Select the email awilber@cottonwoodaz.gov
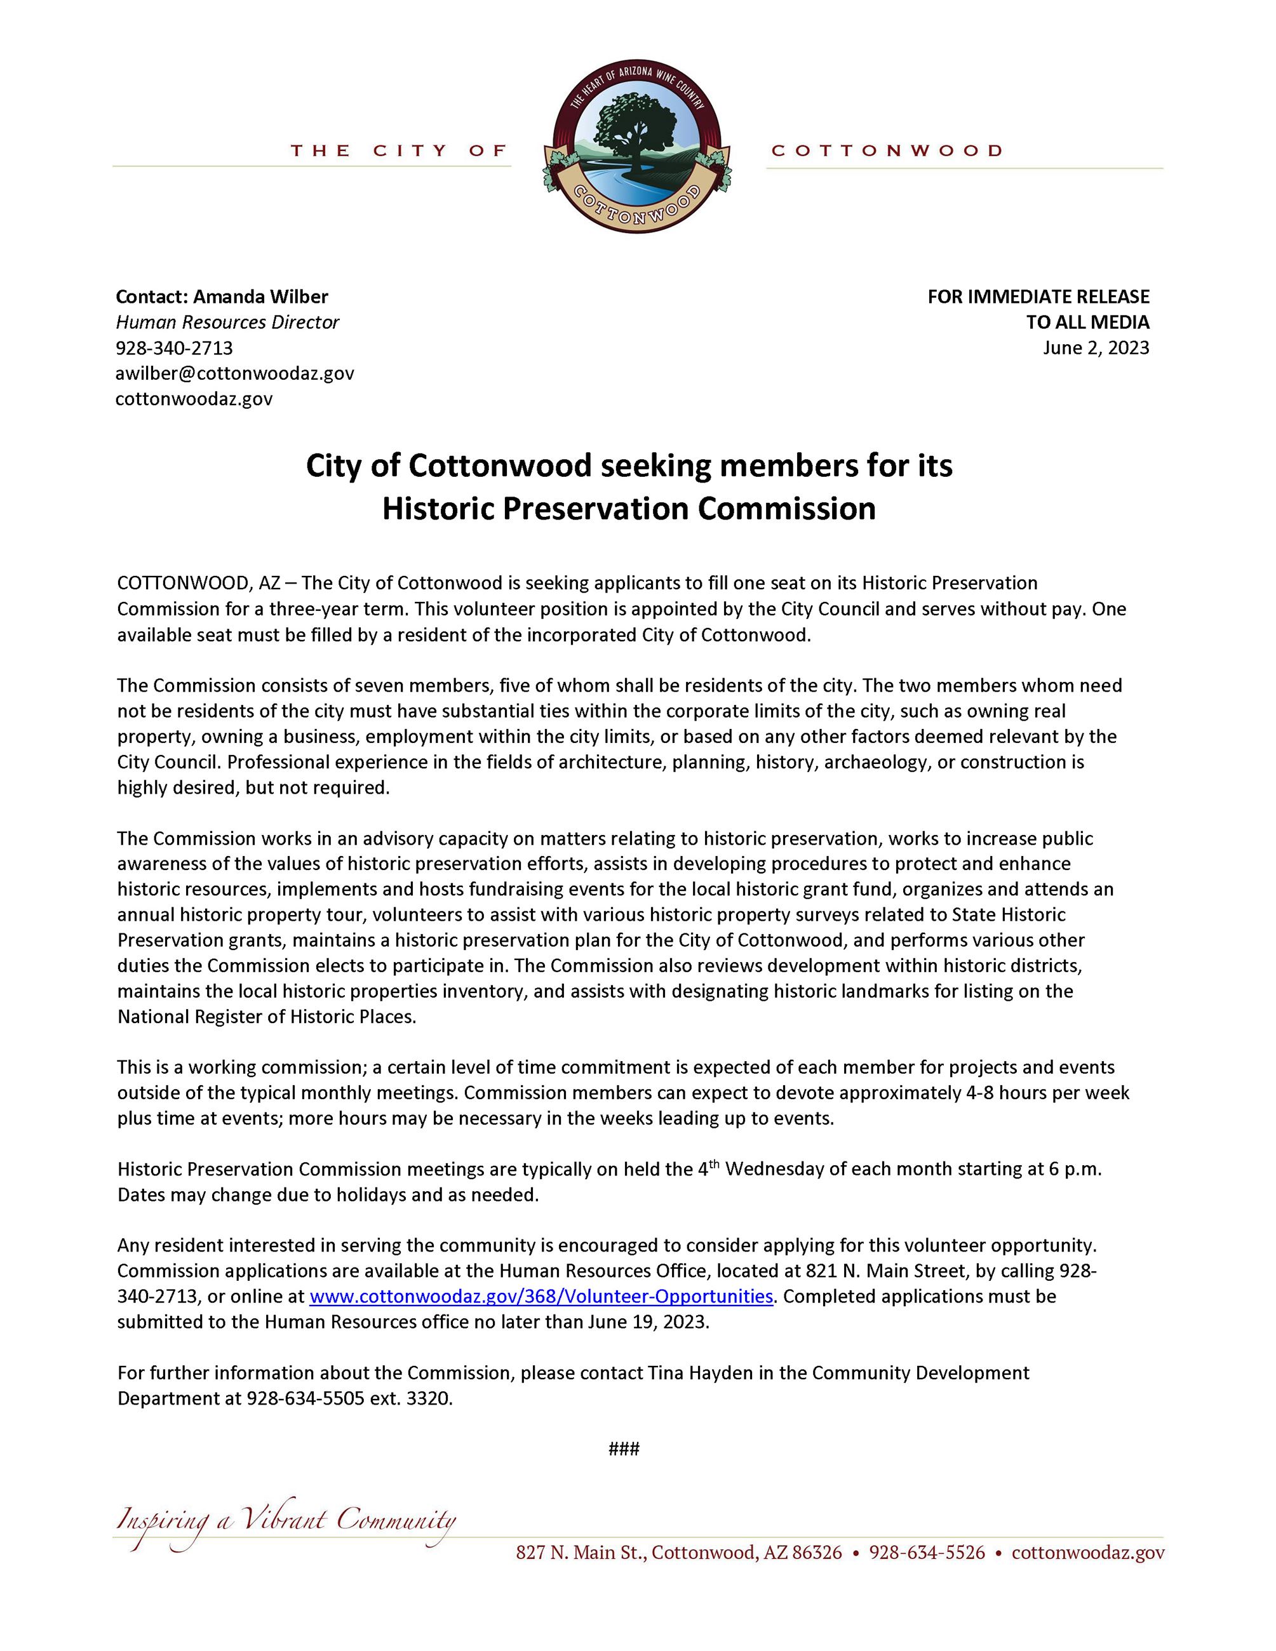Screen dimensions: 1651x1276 point(234,373)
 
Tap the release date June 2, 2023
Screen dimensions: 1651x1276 point(1096,348)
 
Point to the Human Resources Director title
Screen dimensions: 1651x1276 point(227,322)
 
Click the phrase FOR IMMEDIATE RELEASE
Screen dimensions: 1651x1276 point(1038,297)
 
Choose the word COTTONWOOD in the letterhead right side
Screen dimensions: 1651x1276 point(887,151)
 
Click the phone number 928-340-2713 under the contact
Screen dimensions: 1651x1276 point(174,348)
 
